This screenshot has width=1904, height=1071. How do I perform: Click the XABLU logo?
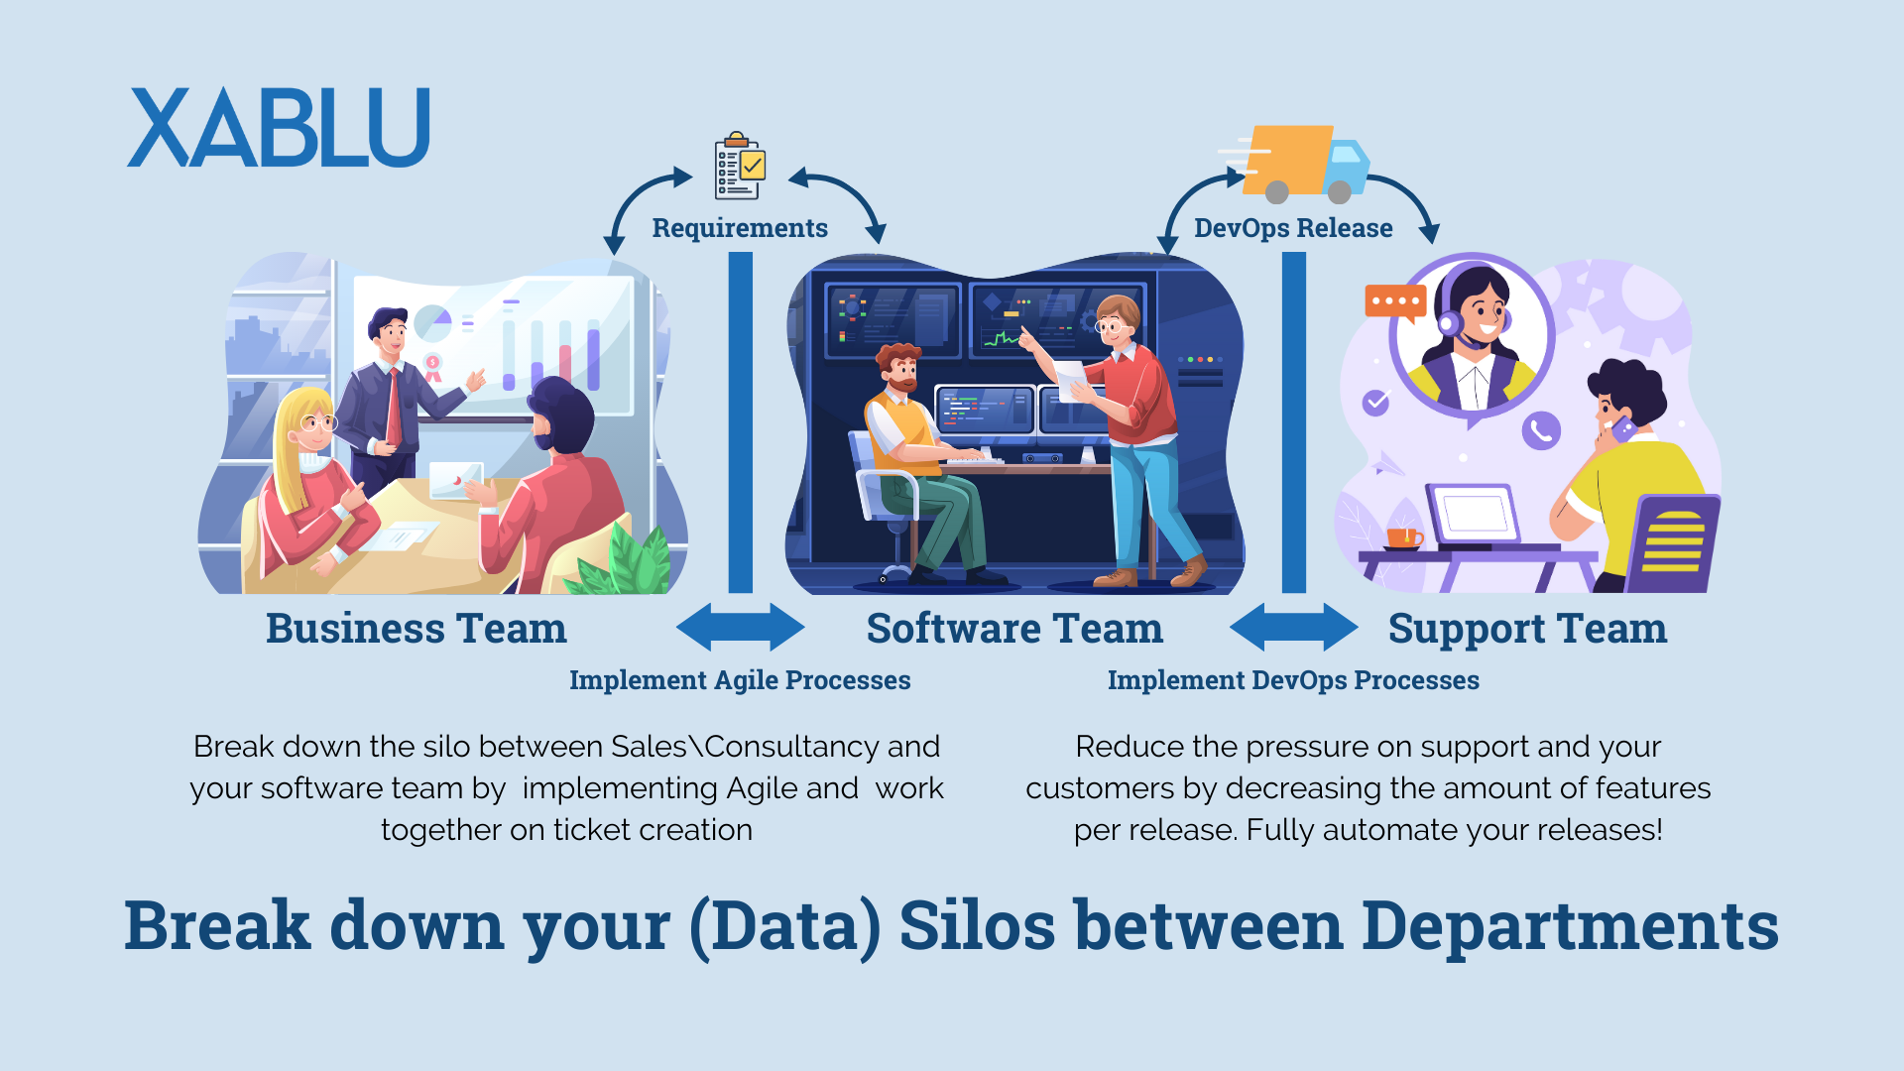coord(279,128)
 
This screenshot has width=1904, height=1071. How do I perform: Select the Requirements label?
coord(740,228)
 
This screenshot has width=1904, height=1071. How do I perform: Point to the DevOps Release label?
coord(1293,228)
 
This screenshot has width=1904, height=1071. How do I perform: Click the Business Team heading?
coord(416,629)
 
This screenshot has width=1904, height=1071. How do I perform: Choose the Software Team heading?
coord(1014,629)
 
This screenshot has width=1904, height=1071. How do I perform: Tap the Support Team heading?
coord(1527,629)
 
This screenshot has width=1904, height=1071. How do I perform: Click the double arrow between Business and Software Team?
coord(740,627)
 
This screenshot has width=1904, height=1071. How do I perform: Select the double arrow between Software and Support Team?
coord(1293,627)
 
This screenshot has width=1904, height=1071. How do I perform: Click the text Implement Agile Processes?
coord(740,680)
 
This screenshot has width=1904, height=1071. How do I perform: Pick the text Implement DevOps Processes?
coord(1293,680)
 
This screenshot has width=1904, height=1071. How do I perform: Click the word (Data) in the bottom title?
coord(784,926)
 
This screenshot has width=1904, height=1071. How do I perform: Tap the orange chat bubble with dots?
coord(1395,301)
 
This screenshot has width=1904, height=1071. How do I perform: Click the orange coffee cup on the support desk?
coord(1402,538)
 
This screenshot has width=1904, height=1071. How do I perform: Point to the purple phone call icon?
coord(1541,430)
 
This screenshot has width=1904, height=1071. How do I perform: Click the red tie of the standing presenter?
coord(395,407)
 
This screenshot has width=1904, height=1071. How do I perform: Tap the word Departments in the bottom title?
coord(1570,926)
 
